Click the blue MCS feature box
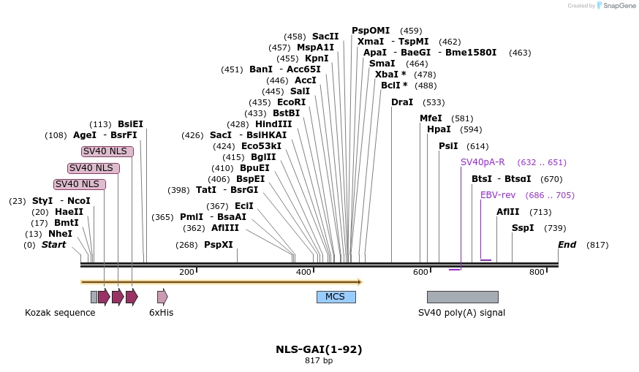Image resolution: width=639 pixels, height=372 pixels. tap(336, 297)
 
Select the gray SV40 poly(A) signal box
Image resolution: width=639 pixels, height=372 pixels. tap(462, 297)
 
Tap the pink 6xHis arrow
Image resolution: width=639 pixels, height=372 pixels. tap(162, 297)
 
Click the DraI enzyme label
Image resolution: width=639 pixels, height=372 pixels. tap(402, 102)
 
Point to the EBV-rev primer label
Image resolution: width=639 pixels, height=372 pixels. tap(497, 195)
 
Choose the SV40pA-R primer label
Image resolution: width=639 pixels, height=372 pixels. tap(483, 162)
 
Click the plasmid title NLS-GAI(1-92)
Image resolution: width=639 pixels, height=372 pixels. tap(319, 349)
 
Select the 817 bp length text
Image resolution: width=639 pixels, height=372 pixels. tap(319, 360)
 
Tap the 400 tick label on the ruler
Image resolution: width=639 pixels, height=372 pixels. tap(303, 273)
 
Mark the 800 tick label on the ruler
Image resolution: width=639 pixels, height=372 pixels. tap(537, 273)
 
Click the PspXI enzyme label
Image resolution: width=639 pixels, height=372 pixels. tap(219, 245)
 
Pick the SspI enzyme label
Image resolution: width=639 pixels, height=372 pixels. tap(523, 228)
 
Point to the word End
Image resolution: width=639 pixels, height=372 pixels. tap(567, 245)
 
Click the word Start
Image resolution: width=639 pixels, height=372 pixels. tap(53, 245)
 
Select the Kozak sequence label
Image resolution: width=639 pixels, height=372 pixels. tap(60, 313)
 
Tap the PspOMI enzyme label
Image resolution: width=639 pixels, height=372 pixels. tap(371, 31)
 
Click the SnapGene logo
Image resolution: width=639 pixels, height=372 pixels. tap(617, 6)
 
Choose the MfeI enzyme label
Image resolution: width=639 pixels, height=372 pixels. tap(431, 118)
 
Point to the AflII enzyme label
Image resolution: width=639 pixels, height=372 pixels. tap(508, 212)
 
